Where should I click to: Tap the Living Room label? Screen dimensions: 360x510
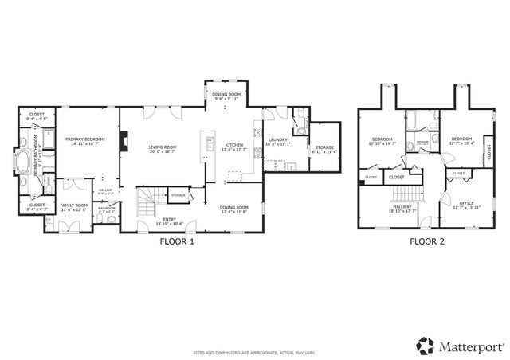163,148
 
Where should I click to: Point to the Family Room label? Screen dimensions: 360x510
74,207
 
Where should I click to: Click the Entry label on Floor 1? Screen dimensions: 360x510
169,221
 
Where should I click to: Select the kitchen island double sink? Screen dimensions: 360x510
210,144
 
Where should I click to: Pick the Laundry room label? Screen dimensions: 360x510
277,141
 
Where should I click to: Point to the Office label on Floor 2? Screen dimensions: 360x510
466,205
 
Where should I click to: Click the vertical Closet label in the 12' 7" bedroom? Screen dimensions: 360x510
488,153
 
